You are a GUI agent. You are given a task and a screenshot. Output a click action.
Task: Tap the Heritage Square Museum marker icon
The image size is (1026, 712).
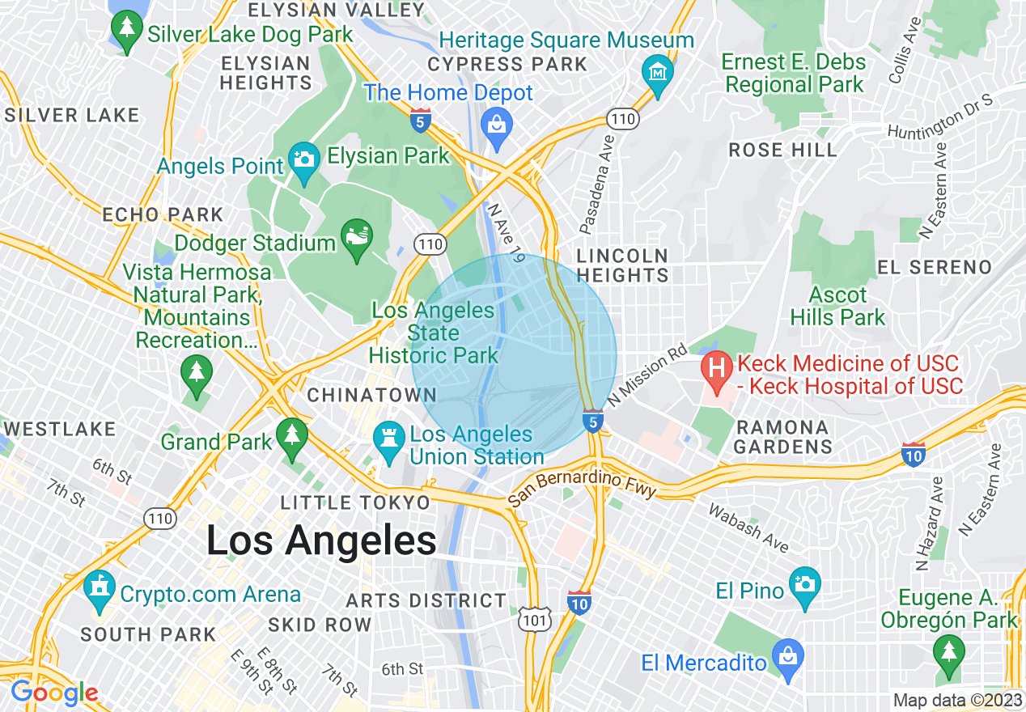657,70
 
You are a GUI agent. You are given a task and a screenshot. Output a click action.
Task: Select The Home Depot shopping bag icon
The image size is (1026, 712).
495,125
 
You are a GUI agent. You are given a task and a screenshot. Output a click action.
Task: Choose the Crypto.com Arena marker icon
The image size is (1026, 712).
100,590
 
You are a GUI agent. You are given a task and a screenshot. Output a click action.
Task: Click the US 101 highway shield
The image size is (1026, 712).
535,621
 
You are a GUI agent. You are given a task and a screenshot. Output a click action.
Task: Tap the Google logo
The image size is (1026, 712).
54,693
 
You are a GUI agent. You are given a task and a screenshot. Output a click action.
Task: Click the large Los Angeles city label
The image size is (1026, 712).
321,540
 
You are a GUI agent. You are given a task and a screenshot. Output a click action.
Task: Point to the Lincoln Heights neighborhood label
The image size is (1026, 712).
622,265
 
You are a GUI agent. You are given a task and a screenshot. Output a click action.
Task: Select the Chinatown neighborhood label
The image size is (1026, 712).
371,396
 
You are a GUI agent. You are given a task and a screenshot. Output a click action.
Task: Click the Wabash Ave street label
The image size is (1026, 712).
748,528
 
